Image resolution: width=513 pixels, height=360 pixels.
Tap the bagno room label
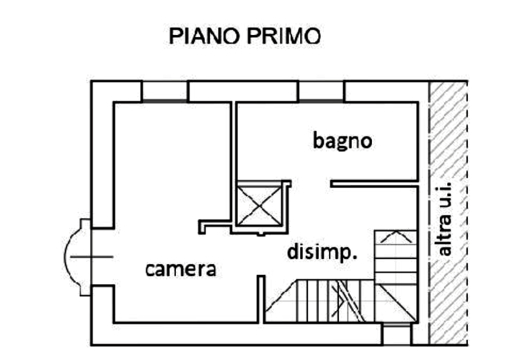click(x=342, y=142)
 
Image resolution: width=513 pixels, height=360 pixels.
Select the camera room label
click(x=183, y=270)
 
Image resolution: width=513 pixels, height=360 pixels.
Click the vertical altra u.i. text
click(x=447, y=218)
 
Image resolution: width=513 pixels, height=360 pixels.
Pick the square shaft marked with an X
click(x=259, y=205)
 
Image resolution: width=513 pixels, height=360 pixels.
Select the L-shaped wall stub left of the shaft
click(x=209, y=224)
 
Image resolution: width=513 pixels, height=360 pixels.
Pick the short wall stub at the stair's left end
click(x=261, y=296)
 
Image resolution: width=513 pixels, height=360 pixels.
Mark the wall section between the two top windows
click(x=243, y=91)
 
